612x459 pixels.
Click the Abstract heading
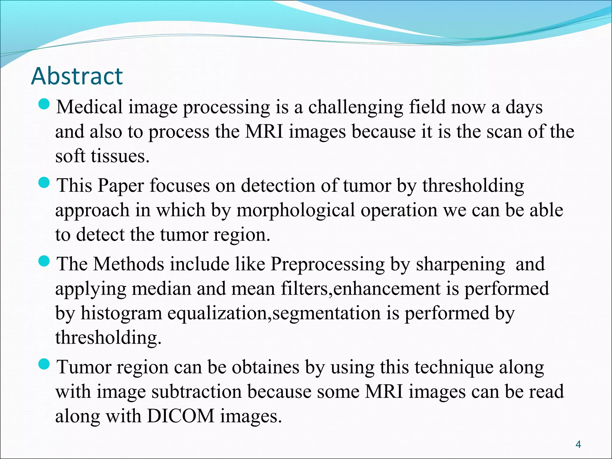pos(77,76)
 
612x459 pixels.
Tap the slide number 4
pos(578,444)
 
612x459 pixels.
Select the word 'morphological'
pos(296,210)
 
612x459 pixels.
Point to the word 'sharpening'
pos(460,264)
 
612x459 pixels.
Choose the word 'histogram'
pos(121,313)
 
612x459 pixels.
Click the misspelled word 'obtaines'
pos(265,367)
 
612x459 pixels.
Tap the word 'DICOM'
pos(180,416)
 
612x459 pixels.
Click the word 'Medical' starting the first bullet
pos(90,107)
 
